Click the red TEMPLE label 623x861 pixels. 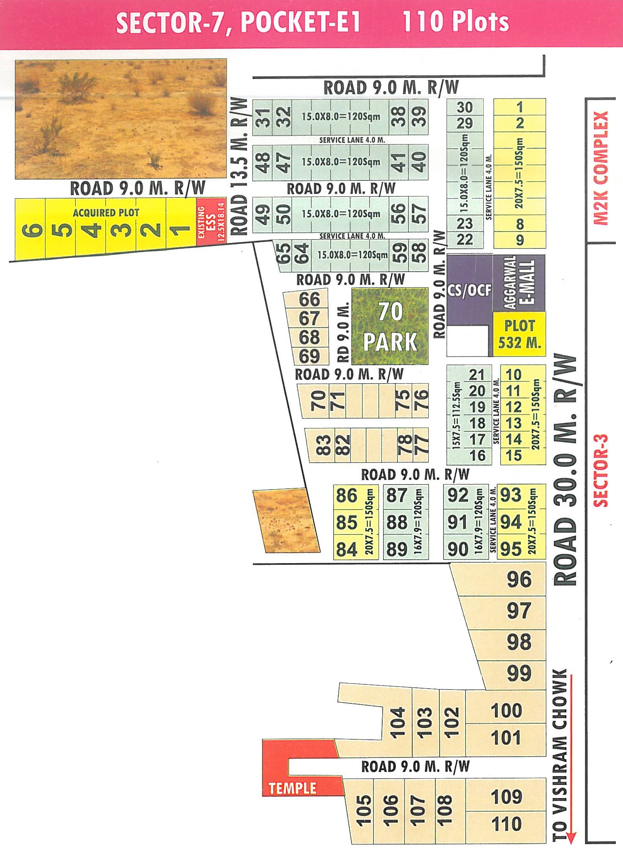pos(292,788)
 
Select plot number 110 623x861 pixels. pos(506,824)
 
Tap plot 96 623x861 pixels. pos(519,579)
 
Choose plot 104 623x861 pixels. pos(397,722)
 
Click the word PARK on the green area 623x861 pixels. pos(390,342)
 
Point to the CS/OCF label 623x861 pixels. pos(469,290)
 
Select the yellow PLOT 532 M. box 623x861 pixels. pos(520,334)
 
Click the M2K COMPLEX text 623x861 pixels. pos(601,168)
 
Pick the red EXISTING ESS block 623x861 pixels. pos(211,221)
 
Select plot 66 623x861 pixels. pos(309,300)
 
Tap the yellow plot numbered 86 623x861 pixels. pos(347,496)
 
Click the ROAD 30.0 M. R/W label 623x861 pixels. pos(565,469)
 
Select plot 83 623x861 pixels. pos(323,445)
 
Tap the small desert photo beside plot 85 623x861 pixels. pos(286,521)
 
